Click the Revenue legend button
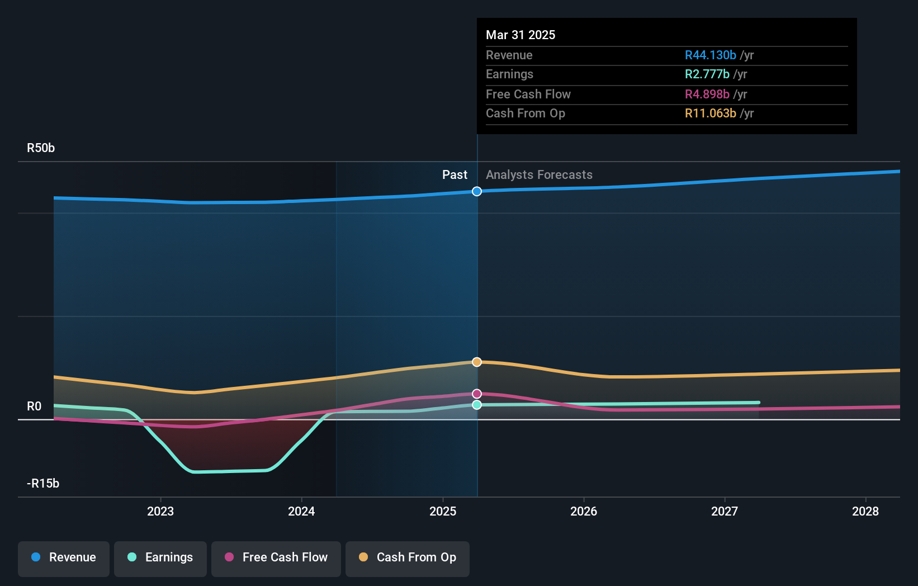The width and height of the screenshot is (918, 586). click(64, 557)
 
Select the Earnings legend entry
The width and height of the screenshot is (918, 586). click(160, 557)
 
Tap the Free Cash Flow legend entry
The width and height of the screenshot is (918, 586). click(276, 557)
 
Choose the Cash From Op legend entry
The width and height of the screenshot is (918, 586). click(408, 557)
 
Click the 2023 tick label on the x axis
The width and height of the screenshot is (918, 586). click(160, 511)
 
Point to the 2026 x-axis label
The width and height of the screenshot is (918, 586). click(584, 511)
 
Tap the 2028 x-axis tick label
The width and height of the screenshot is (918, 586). click(865, 511)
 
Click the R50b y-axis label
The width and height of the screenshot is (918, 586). click(41, 148)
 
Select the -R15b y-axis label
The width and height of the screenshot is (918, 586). click(43, 484)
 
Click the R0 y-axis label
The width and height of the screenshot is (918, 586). click(34, 407)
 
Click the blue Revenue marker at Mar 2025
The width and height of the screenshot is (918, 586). click(477, 191)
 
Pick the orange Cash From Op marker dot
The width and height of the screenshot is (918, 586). click(477, 362)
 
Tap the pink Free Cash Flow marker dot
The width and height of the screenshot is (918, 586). click(477, 394)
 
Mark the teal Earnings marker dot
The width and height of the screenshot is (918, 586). click(477, 405)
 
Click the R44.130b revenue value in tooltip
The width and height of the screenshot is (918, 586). click(710, 55)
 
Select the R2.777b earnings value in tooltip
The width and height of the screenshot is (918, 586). click(707, 74)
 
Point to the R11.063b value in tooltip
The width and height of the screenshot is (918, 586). click(710, 114)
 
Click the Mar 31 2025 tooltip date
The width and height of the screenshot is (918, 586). click(520, 35)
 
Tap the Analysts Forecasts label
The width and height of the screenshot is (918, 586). click(539, 175)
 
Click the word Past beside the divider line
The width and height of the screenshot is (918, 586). click(455, 175)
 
